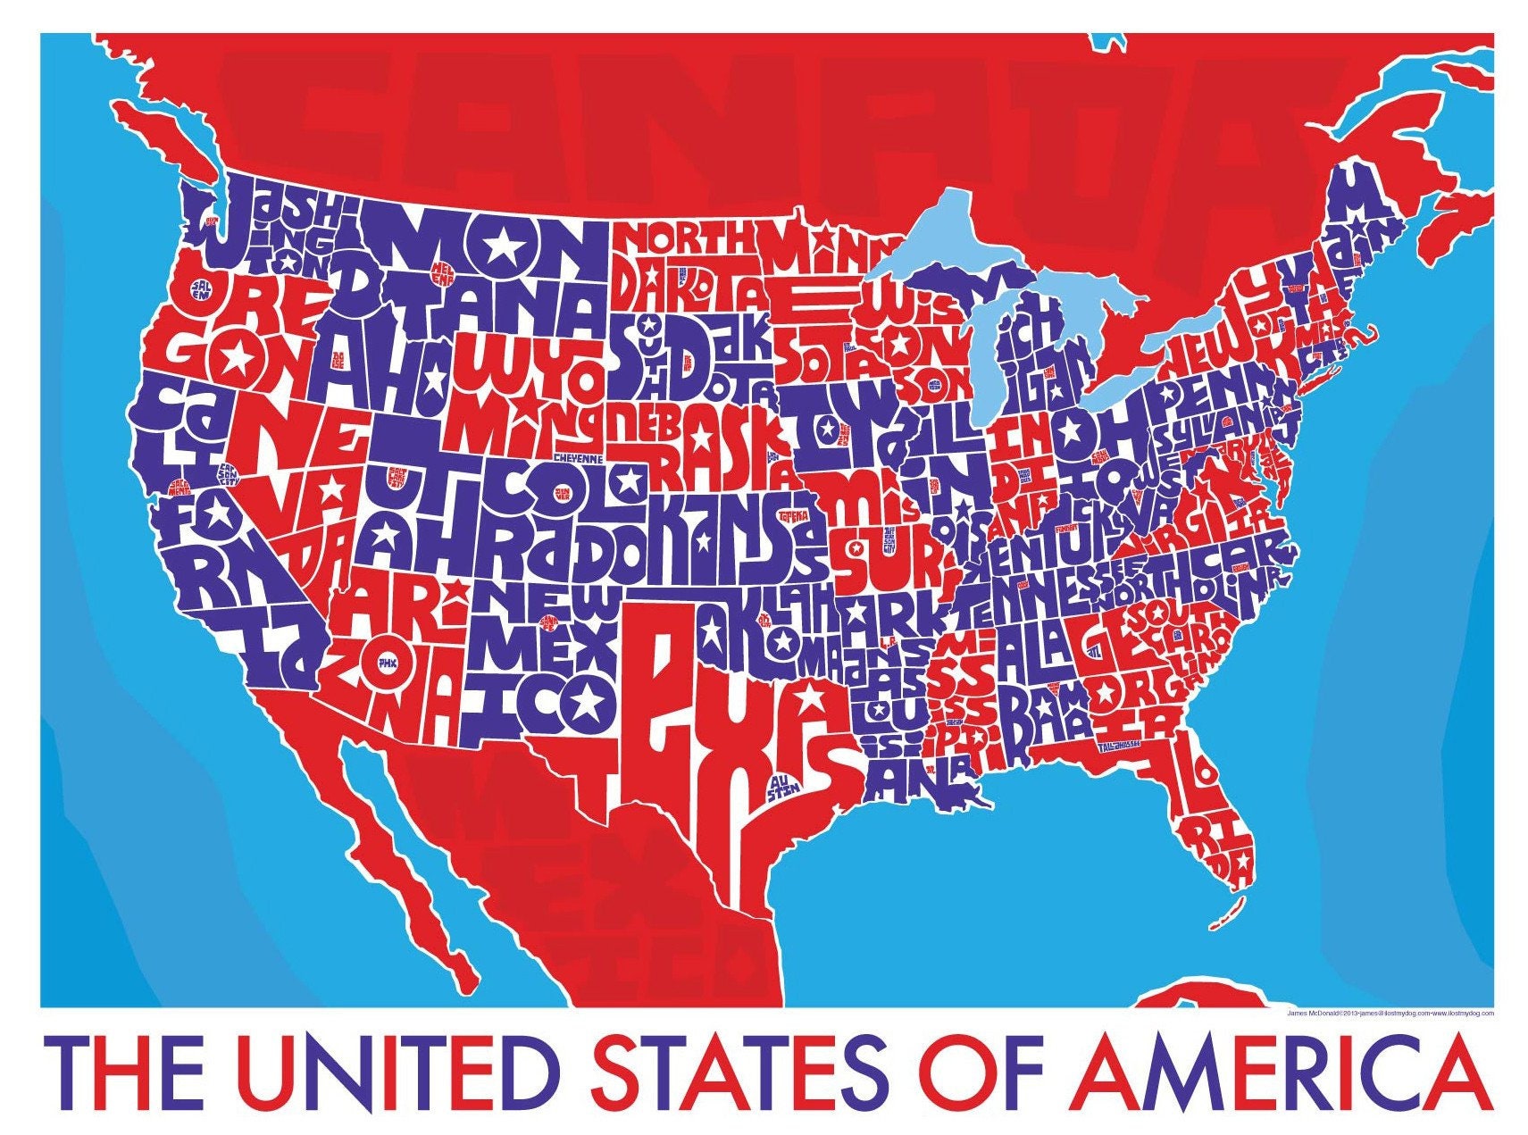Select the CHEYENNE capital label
pos(579,459)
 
